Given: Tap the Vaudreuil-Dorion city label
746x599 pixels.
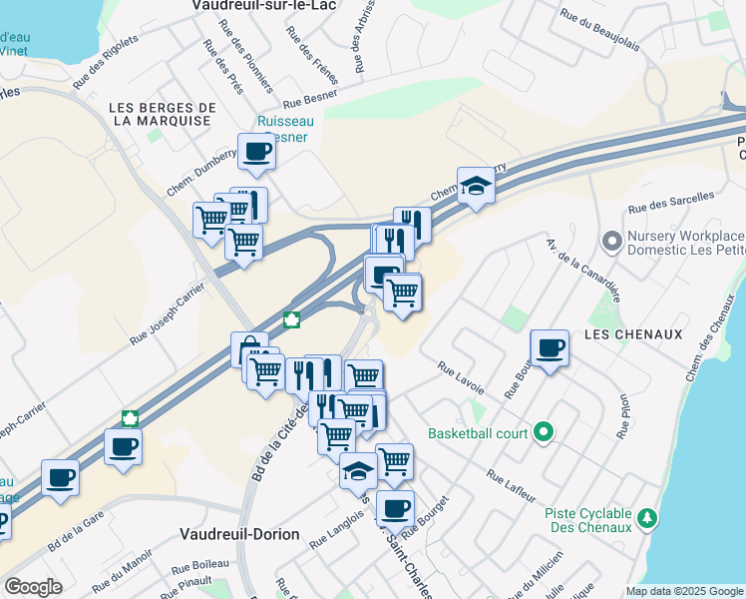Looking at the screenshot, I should coord(239,534).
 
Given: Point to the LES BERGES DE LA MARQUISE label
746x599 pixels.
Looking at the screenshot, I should coord(163,114).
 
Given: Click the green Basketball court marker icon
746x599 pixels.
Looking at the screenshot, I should coord(543,432).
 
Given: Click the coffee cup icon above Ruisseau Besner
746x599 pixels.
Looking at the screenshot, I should coord(256,151).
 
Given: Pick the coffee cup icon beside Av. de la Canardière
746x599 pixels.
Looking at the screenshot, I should coord(550,347).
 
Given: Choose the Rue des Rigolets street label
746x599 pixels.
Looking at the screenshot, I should coord(106,65).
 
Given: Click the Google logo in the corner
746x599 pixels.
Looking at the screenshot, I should coord(33,587).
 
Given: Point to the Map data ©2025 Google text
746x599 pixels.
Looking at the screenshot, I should coord(684,591).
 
